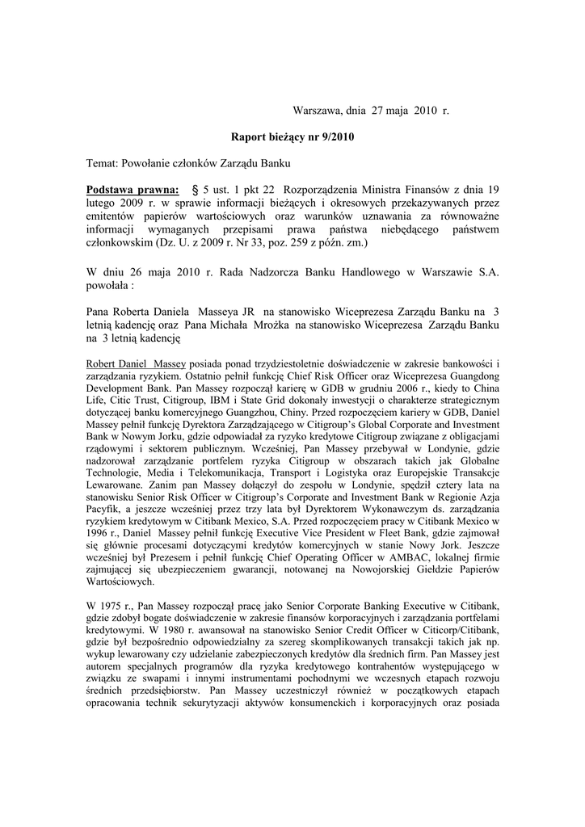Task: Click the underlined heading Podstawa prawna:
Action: [x=133, y=191]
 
